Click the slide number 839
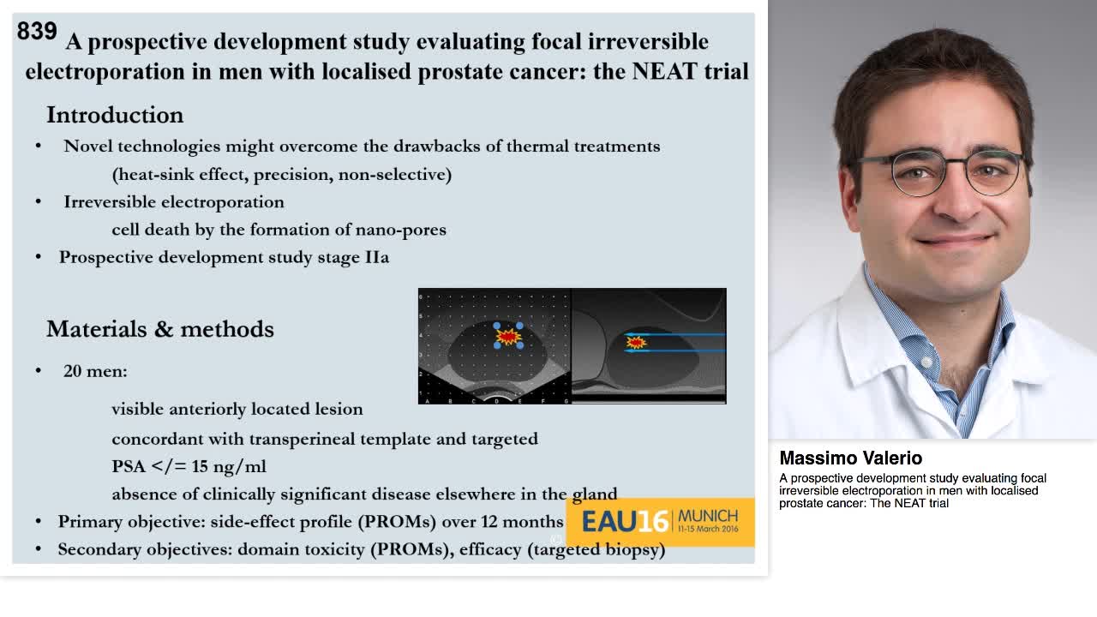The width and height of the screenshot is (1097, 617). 37,32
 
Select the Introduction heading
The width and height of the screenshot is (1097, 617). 114,115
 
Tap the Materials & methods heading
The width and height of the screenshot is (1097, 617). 159,329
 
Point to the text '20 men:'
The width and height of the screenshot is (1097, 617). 95,371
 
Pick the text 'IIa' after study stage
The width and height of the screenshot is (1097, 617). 376,257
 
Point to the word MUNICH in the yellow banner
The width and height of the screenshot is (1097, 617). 707,516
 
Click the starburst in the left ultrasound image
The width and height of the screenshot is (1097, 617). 508,338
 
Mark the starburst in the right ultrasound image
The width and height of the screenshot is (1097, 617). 636,343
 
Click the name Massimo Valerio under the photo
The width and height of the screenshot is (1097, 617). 850,458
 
